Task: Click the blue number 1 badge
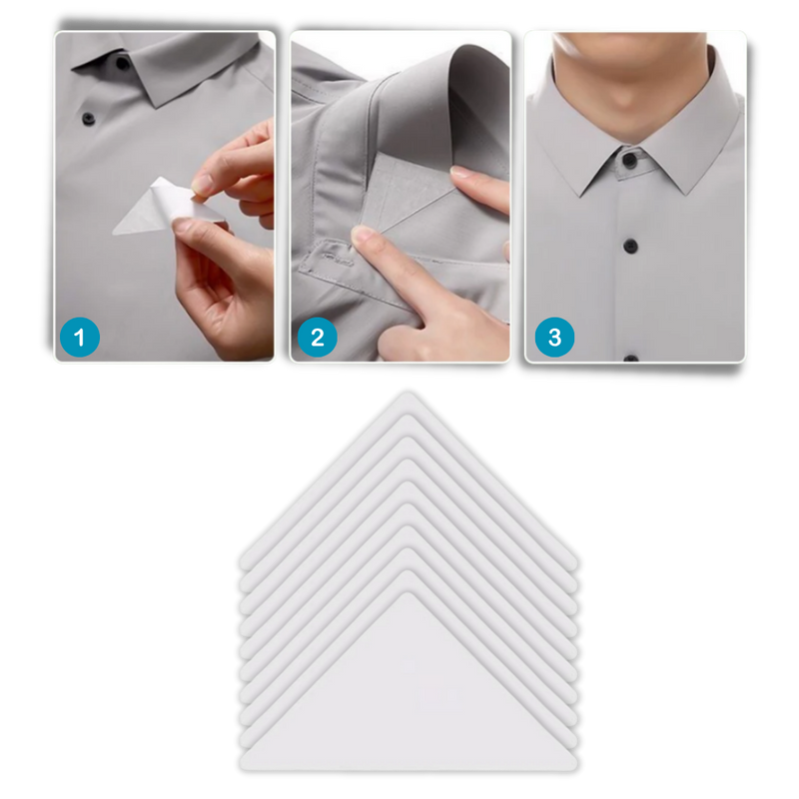(81, 338)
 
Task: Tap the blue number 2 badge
(317, 338)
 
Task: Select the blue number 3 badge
(554, 338)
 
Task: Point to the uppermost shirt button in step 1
(123, 64)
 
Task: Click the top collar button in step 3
(629, 160)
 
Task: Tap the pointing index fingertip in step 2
(363, 238)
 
